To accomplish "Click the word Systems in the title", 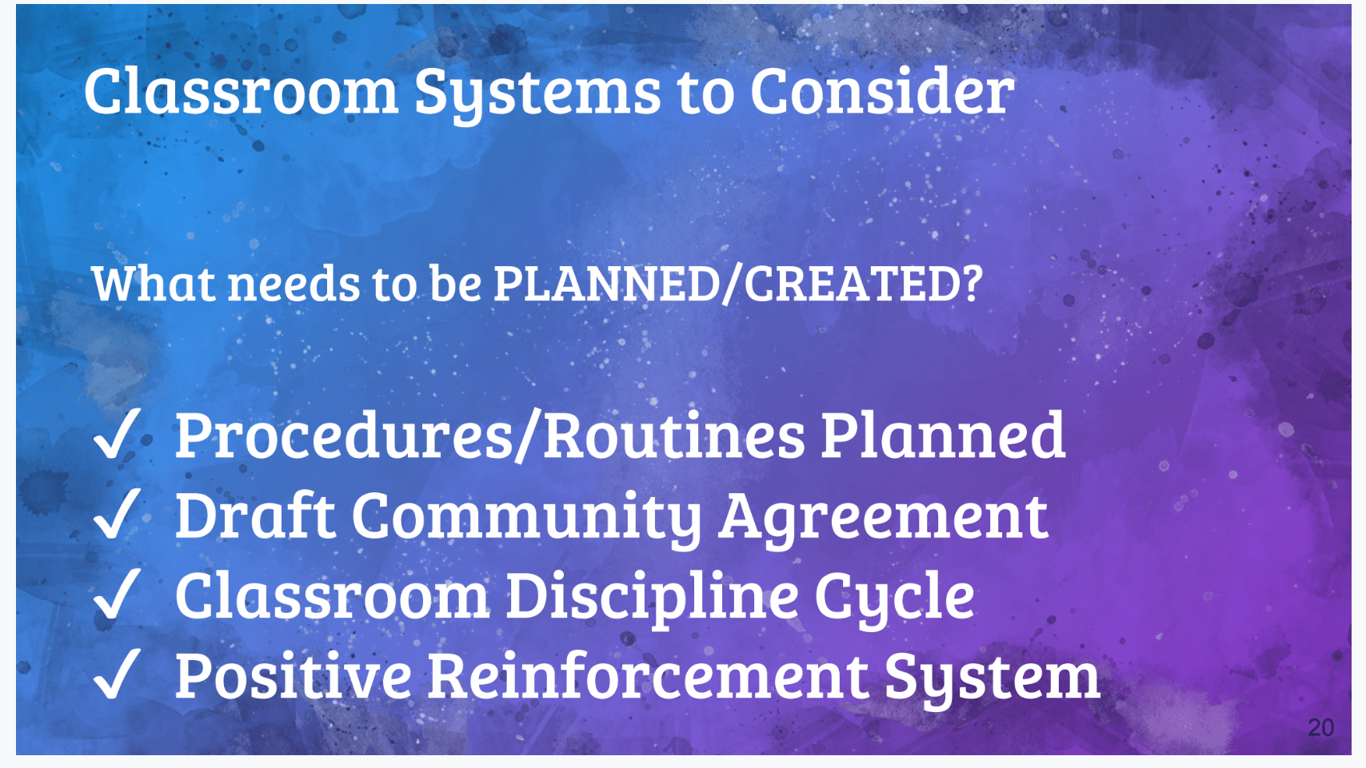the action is pos(537,94).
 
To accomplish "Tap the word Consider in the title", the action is pos(882,91).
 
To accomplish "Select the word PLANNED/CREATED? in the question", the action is pos(738,284).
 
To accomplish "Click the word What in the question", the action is pos(154,284).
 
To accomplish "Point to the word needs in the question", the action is pos(294,285).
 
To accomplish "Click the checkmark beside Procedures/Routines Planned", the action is pos(117,433).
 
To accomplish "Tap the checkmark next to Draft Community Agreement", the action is pos(117,514).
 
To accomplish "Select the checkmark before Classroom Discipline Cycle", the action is pos(117,595).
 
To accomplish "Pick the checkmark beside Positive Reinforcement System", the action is pos(117,674).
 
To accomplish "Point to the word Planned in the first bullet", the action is pos(943,435).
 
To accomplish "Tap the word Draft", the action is pos(255,515).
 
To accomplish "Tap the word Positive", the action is pos(294,674).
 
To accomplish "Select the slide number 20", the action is pos(1321,728).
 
